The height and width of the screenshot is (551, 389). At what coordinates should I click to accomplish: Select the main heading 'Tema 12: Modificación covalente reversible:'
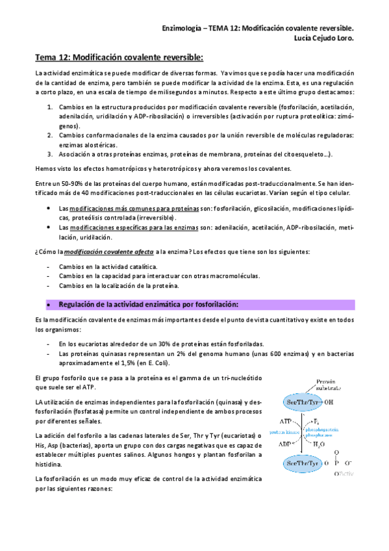119,58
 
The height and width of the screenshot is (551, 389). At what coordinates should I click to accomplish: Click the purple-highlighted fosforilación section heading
148,304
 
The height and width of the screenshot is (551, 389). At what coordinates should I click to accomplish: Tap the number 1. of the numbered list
50,106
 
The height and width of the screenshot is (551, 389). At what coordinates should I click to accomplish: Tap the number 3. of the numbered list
50,154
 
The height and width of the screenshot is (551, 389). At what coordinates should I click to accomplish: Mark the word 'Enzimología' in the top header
182,29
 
